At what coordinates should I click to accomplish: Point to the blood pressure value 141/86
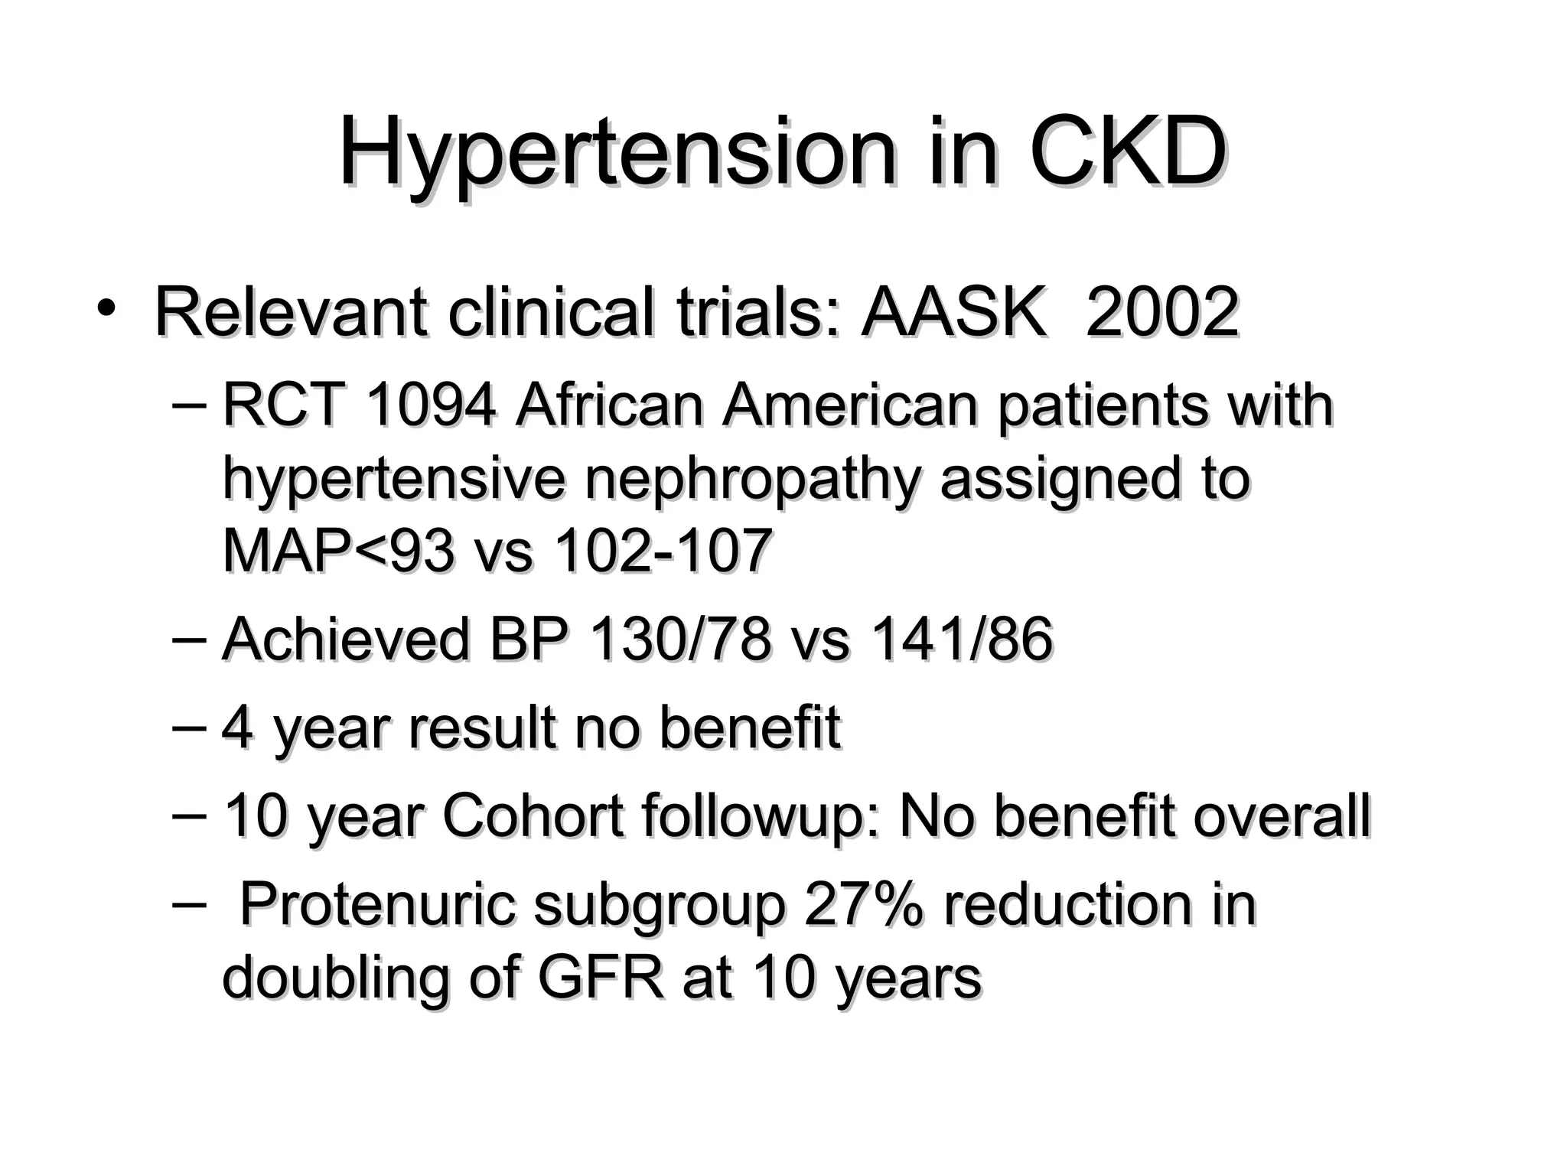[x=962, y=640]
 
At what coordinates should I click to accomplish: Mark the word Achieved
[x=345, y=640]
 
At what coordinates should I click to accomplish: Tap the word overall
[x=1282, y=817]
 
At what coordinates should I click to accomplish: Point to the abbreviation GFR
[x=601, y=978]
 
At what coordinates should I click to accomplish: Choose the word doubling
[x=336, y=979]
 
